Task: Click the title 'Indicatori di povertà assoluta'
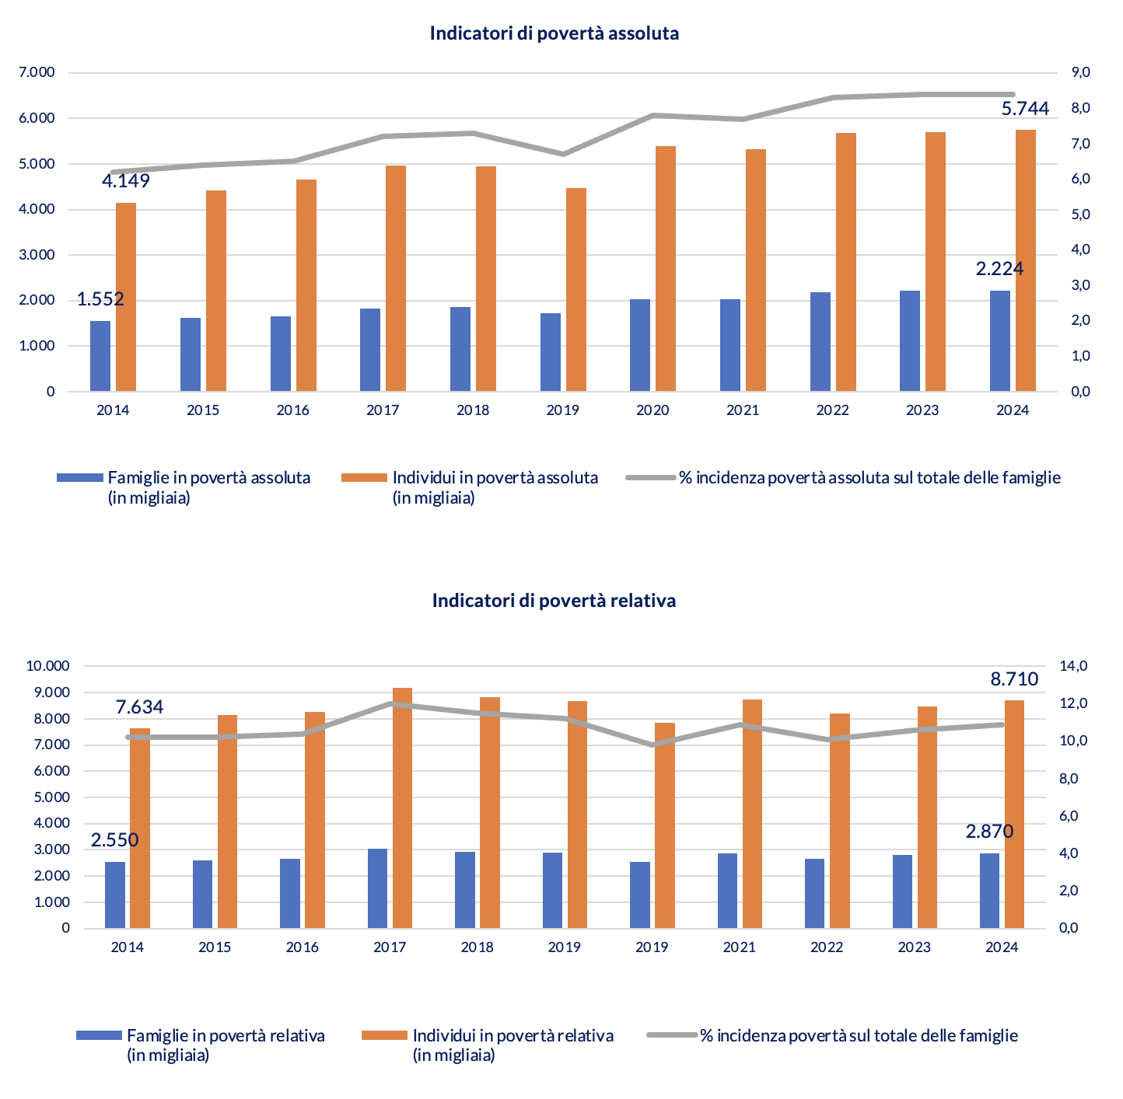click(554, 33)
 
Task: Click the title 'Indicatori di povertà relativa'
click(554, 601)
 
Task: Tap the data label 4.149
click(126, 181)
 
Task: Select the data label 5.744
click(1025, 109)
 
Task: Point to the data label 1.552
click(100, 299)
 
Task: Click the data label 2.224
click(999, 269)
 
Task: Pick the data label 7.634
click(140, 707)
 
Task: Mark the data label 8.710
click(1014, 679)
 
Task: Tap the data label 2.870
click(989, 832)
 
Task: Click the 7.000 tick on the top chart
click(37, 73)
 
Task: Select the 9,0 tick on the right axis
click(1081, 72)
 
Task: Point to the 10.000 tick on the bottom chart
click(48, 666)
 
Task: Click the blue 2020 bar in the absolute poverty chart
click(640, 345)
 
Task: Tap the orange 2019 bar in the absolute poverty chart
click(575, 289)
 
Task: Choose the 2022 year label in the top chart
click(832, 410)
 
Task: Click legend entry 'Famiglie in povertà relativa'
click(226, 1036)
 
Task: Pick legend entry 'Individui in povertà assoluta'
click(495, 478)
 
